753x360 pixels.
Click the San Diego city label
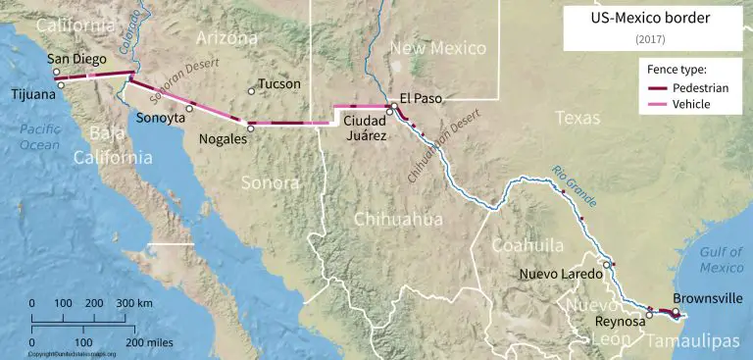pyautogui.click(x=77, y=59)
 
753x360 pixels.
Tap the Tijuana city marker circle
pyautogui.click(x=61, y=84)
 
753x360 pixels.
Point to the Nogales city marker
pyautogui.click(x=250, y=127)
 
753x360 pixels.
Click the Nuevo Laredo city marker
pyautogui.click(x=608, y=265)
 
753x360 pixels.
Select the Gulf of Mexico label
pyautogui.click(x=722, y=260)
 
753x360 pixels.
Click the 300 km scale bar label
pyautogui.click(x=134, y=304)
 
